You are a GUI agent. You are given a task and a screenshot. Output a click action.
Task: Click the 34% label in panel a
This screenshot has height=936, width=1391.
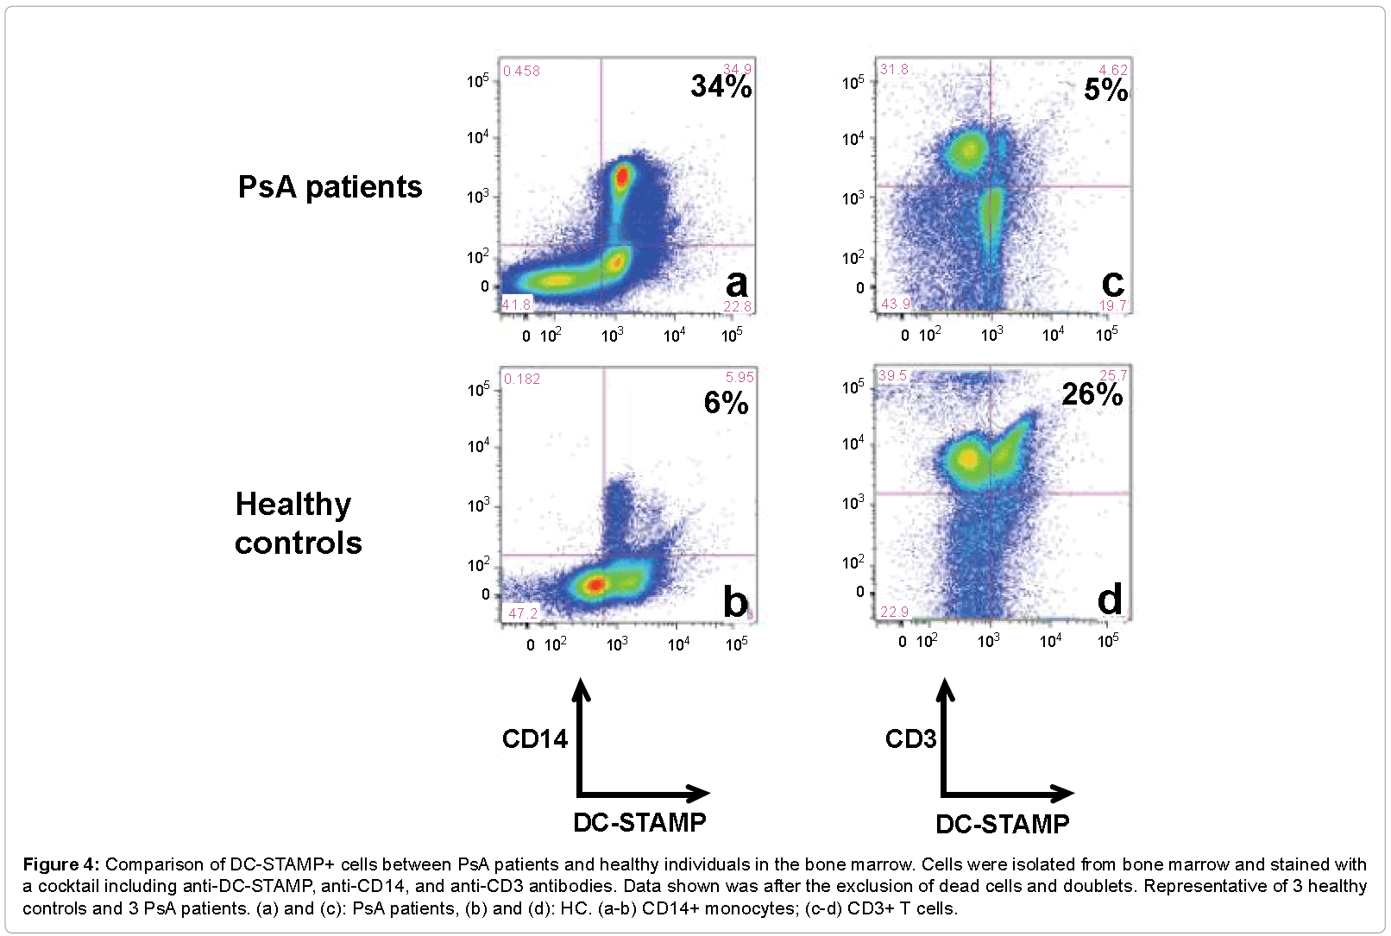[721, 86]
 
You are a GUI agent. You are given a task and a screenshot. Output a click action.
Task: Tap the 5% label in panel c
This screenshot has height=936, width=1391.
[1105, 90]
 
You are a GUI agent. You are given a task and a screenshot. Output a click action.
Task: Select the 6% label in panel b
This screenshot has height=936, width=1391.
[726, 403]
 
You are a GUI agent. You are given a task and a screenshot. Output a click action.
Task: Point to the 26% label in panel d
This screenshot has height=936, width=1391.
[1092, 395]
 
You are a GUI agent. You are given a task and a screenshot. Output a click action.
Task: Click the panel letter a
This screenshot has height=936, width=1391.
[736, 283]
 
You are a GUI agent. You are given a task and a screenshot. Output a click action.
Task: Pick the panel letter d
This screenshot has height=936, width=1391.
[1110, 599]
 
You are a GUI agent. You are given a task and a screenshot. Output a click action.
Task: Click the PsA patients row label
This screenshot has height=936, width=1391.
[330, 187]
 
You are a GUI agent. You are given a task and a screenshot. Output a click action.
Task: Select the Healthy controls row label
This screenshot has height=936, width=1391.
[298, 524]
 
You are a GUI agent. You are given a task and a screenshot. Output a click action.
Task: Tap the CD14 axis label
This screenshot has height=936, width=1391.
[535, 739]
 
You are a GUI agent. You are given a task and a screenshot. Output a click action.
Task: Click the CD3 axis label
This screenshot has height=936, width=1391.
[910, 739]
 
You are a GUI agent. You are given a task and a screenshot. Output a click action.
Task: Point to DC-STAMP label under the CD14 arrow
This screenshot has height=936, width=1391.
[639, 823]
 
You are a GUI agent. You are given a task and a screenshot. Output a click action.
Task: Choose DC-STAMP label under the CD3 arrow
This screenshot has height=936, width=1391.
[1002, 825]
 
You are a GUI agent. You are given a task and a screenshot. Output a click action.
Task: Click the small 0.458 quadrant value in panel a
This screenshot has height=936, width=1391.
[521, 71]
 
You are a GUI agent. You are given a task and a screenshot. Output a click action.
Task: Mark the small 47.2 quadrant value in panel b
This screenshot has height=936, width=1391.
[523, 613]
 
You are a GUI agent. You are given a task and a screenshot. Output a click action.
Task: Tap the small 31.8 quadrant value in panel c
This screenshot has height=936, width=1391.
[894, 69]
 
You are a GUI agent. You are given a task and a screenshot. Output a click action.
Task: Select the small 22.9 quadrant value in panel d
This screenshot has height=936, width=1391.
[894, 612]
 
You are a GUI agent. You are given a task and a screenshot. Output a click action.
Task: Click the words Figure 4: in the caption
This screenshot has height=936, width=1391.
[61, 864]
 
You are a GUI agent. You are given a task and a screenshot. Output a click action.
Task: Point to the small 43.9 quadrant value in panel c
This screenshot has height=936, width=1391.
[896, 304]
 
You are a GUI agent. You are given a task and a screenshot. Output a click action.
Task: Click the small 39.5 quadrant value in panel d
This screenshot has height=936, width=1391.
[893, 376]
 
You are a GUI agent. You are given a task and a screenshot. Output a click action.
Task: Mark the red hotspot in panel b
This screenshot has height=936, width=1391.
[595, 585]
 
